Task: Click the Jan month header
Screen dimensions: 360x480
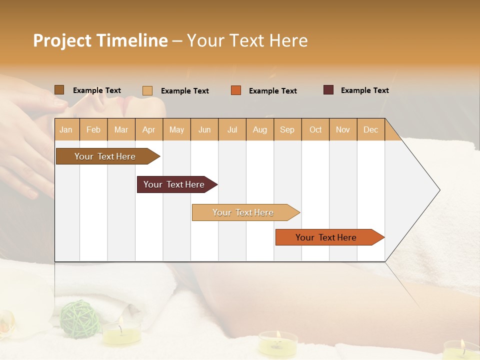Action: tap(66, 129)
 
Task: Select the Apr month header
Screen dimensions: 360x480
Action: tap(148, 129)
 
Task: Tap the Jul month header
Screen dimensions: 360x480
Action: tap(232, 129)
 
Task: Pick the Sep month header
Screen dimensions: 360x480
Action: tap(287, 129)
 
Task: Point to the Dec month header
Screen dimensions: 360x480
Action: tap(370, 129)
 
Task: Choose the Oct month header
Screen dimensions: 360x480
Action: tap(315, 129)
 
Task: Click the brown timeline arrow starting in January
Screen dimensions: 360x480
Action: tap(105, 156)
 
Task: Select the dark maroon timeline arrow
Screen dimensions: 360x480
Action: tap(174, 184)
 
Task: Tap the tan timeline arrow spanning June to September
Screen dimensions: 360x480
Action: tap(243, 212)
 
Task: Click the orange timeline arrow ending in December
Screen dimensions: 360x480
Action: tap(326, 237)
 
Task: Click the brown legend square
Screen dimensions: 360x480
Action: tap(59, 90)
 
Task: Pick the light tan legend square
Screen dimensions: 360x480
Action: tap(147, 90)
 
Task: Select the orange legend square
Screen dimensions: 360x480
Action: tap(236, 90)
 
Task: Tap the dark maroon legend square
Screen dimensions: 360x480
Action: tap(328, 90)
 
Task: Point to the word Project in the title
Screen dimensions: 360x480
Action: tap(62, 40)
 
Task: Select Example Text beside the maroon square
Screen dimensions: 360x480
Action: tap(364, 90)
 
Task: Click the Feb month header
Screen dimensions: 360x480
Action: tap(93, 129)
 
